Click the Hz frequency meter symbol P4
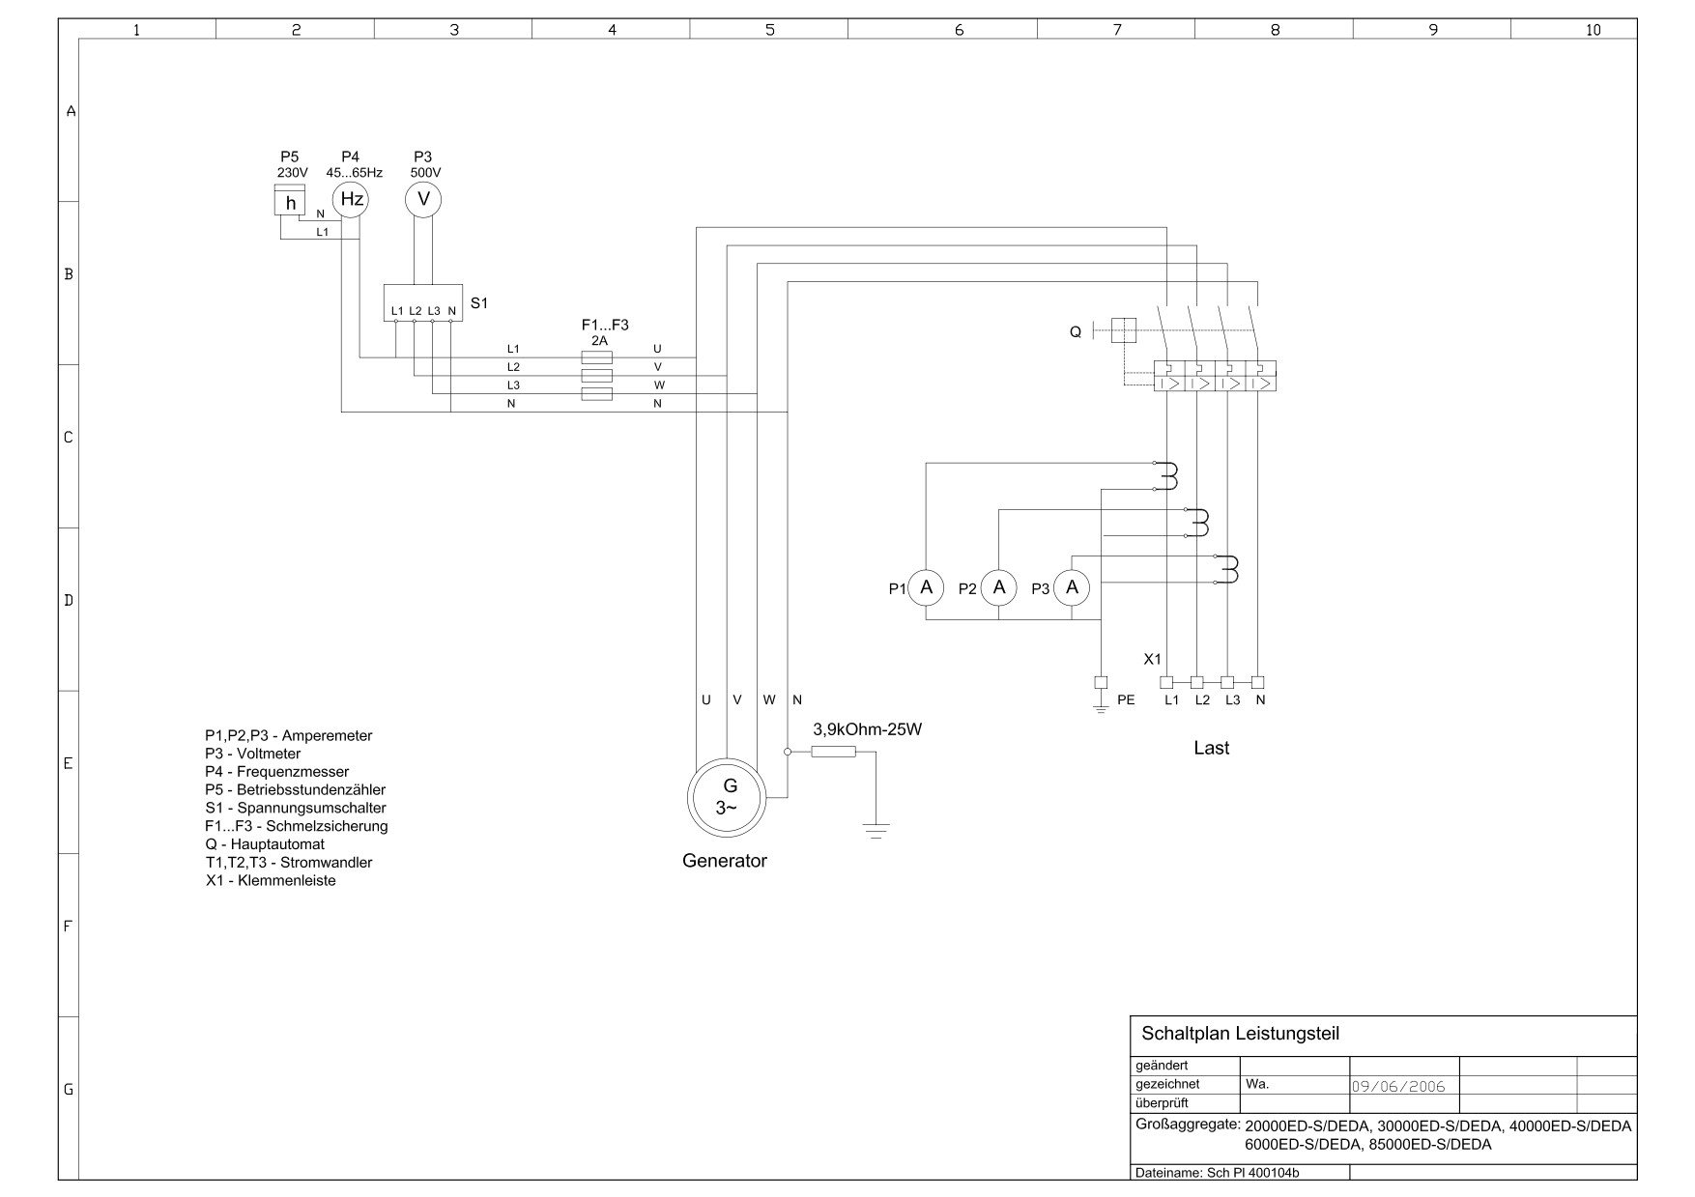click(352, 199)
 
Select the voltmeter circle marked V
click(422, 199)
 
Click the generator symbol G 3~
click(727, 797)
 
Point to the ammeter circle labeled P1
click(926, 587)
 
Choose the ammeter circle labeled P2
click(999, 587)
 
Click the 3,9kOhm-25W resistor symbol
click(833, 752)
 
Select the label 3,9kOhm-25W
click(868, 729)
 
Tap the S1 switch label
click(479, 303)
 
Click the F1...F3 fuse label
click(605, 326)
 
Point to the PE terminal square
click(1100, 682)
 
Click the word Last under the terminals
click(1212, 748)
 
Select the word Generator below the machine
click(725, 861)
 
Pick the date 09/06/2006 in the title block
click(1398, 1086)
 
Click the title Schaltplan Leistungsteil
click(1241, 1033)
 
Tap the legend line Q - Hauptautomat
click(265, 844)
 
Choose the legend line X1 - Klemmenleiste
click(271, 880)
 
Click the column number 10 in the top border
click(1594, 30)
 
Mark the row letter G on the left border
click(69, 1089)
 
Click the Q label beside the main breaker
click(1076, 332)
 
